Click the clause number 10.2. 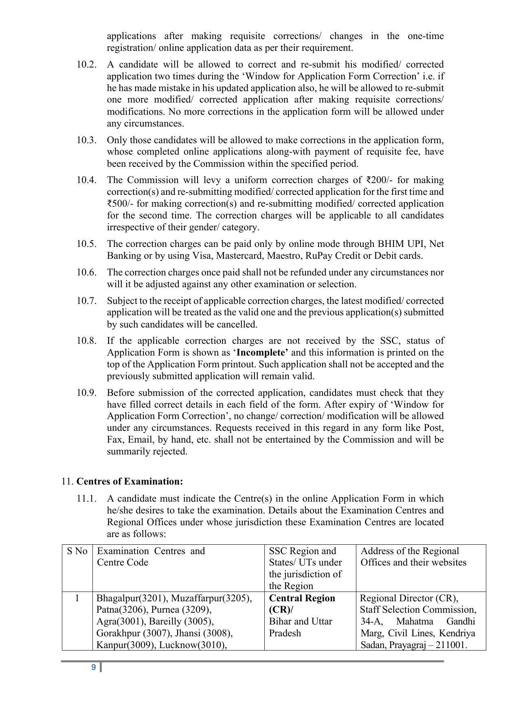(86, 65)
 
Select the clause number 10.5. (86, 244)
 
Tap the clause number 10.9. (86, 393)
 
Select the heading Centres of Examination (130, 482)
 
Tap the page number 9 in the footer (94, 667)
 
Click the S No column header (77, 551)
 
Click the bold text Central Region (302, 598)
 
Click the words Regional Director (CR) (409, 598)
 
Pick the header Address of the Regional (410, 551)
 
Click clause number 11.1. (86, 499)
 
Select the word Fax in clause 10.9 (115, 440)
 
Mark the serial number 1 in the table (77, 598)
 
